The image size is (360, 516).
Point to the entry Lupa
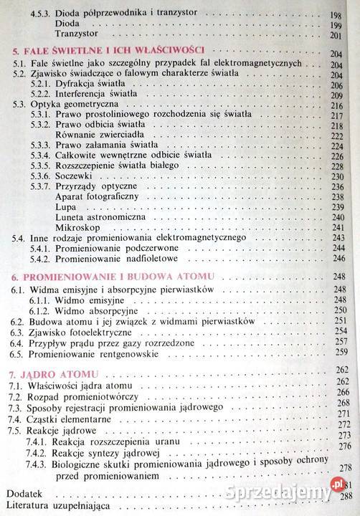66,205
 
